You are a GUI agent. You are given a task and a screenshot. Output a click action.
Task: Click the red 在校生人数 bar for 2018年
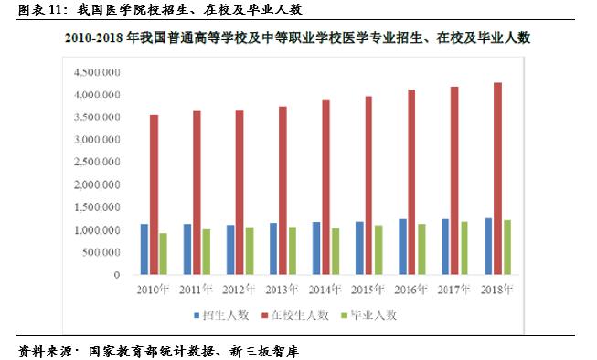click(496, 178)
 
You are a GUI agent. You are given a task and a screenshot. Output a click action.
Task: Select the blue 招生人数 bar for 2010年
click(144, 249)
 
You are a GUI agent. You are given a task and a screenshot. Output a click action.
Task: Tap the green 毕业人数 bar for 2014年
click(336, 251)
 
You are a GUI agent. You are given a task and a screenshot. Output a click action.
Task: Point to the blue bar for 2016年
click(402, 247)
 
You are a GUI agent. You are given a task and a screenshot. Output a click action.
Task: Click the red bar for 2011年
click(197, 192)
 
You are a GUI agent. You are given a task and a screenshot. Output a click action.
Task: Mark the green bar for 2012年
click(250, 250)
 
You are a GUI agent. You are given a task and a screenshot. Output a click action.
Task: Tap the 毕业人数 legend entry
click(371, 314)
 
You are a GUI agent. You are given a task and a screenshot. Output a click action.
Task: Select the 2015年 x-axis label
click(368, 290)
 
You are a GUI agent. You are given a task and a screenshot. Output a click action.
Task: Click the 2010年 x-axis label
click(154, 290)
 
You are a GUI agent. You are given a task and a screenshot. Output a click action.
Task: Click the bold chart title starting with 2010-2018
click(298, 38)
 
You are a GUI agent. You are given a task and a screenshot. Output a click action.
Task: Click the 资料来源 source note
click(159, 351)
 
